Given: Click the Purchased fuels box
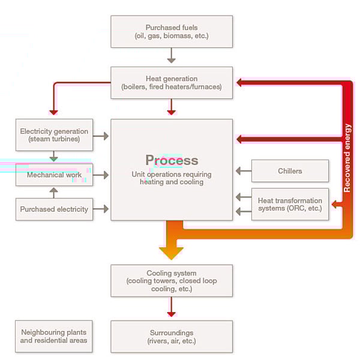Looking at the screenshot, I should pos(172,31).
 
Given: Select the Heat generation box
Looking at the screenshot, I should pos(172,83).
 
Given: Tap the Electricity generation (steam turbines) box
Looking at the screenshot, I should pos(54,135).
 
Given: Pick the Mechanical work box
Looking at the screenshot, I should pos(54,175).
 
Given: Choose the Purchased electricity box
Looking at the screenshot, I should pos(54,209).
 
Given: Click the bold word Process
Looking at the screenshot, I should pos(172,160).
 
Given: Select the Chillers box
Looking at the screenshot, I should pos(290,171).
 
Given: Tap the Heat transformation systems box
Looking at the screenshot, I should pos(290,204).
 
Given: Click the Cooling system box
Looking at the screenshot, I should pos(172,280).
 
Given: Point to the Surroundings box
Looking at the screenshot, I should pos(172,337).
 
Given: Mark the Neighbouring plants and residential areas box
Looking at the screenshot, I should pos(54,337).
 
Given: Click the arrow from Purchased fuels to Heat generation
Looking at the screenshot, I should pos(172,56).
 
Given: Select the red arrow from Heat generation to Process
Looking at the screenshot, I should pos(172,107).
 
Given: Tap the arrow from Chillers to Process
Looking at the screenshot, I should pos(243,171).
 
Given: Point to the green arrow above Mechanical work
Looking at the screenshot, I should pos(54,157).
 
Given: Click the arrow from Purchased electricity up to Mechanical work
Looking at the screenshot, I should pos(54,192).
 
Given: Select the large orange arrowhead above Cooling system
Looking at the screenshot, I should pos(172,252).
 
